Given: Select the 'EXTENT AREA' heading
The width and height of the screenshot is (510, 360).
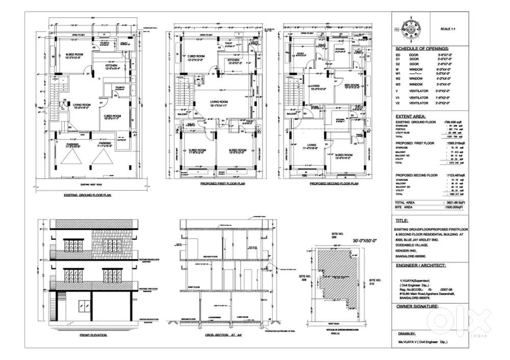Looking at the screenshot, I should [x=413, y=117].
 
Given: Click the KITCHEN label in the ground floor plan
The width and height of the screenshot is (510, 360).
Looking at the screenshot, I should [x=112, y=66].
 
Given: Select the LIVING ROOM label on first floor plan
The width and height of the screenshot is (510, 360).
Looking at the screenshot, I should [x=218, y=102].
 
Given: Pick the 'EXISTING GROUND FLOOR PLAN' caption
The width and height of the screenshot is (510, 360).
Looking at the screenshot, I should [x=88, y=195].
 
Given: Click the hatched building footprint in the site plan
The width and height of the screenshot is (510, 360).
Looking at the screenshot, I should [x=331, y=275].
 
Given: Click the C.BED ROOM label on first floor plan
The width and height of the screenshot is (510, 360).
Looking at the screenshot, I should [x=196, y=56].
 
